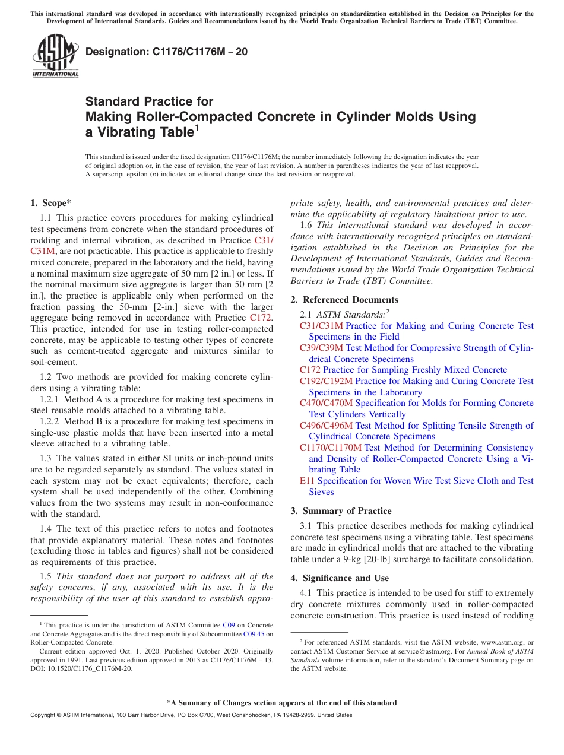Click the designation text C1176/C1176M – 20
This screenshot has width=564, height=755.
click(x=167, y=52)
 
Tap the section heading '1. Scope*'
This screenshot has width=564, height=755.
click(x=51, y=203)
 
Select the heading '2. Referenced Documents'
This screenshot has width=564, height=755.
click(x=344, y=300)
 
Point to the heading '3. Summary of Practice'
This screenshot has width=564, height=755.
click(x=341, y=511)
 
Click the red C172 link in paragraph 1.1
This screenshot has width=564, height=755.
click(x=261, y=318)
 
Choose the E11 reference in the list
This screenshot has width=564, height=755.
click(x=307, y=481)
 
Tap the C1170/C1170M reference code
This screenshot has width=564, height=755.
click(x=330, y=448)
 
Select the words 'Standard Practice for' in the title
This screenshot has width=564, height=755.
click(x=149, y=101)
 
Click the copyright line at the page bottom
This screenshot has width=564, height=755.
click(x=191, y=715)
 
